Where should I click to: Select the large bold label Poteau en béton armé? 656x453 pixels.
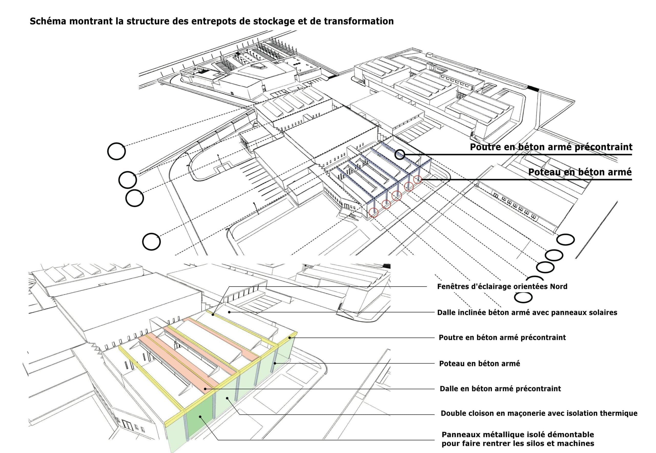point(580,172)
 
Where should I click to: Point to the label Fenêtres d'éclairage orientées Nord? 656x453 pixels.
point(502,286)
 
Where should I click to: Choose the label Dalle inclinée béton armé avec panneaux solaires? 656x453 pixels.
point(527,313)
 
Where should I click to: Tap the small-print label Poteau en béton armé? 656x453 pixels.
point(479,363)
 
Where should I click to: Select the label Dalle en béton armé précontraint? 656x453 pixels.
point(500,389)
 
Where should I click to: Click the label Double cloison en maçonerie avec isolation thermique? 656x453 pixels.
point(539,413)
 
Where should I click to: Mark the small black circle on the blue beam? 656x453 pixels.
point(400,155)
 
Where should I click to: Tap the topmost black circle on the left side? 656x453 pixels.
point(116,151)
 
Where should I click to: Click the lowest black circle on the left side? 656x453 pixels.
point(151,242)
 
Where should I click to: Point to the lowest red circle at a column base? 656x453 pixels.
point(374,212)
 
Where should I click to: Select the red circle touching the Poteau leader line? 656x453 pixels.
point(417,179)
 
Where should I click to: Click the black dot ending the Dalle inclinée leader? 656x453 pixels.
point(229,312)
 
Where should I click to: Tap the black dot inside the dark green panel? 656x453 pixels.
point(200,417)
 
